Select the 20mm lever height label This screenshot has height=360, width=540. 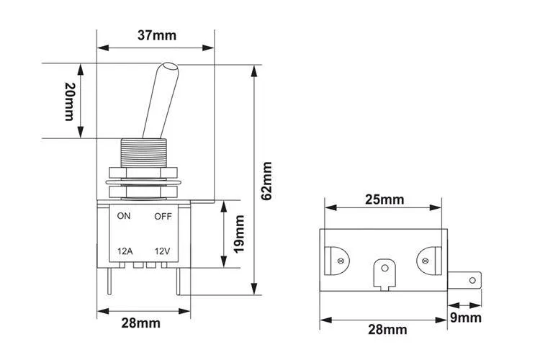69,101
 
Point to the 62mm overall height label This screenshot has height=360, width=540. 266,180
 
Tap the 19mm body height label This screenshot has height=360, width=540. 240,233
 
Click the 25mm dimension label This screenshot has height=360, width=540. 384,199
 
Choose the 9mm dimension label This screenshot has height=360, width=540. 465,318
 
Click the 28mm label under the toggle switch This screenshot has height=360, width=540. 140,323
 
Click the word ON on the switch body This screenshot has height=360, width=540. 124,216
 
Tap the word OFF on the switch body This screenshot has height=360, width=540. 162,216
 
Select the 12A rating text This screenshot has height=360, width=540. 125,251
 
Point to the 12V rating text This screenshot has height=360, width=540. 161,251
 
